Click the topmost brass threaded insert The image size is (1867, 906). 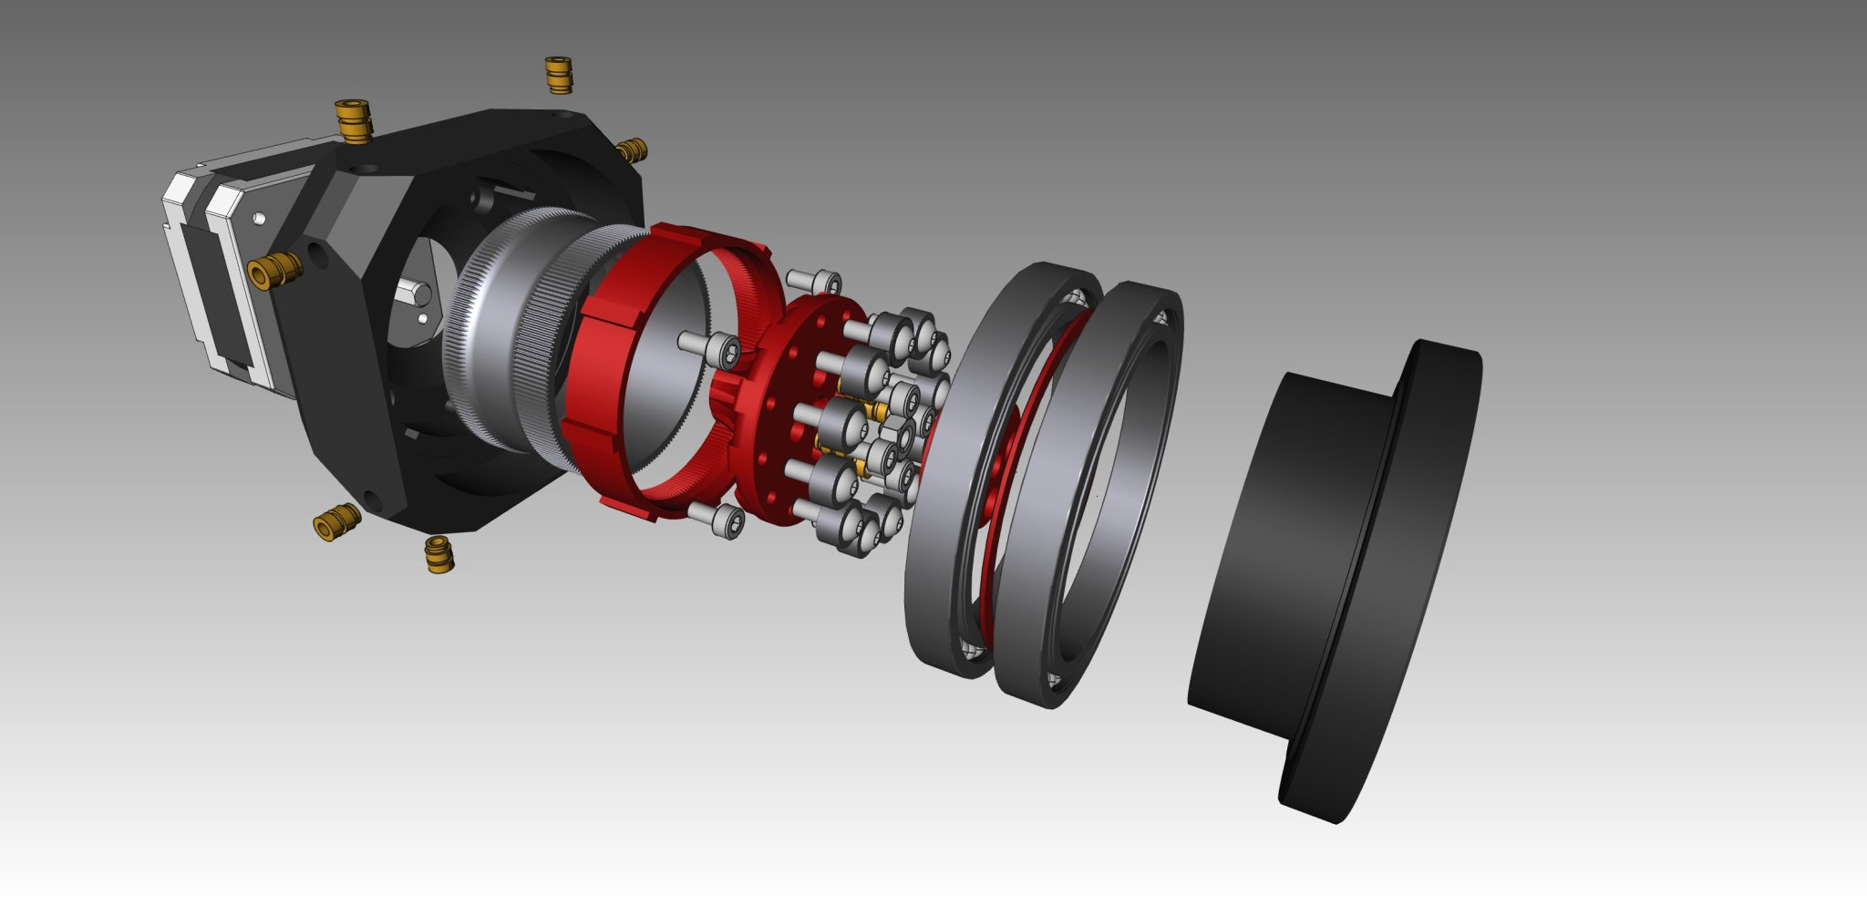pyautogui.click(x=559, y=75)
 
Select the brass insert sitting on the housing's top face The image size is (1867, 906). pyautogui.click(x=353, y=120)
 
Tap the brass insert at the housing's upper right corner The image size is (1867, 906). pyautogui.click(x=631, y=150)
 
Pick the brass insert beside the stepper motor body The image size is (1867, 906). pyautogui.click(x=275, y=270)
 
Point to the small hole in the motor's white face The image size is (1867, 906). pyautogui.click(x=260, y=219)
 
